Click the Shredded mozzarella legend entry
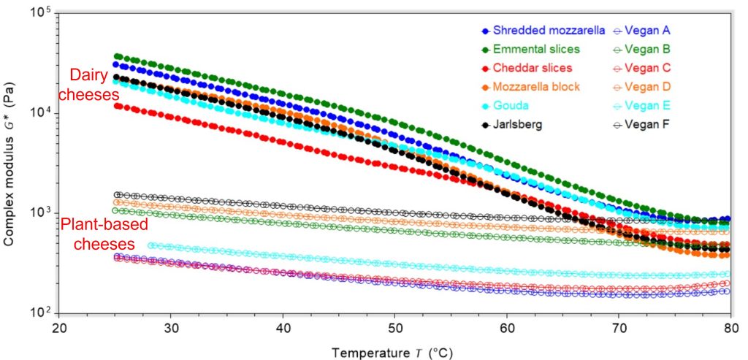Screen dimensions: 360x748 click(x=549, y=31)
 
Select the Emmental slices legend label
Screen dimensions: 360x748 click(x=536, y=50)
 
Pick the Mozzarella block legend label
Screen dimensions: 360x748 click(x=536, y=87)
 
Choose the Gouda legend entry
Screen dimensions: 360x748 click(x=510, y=106)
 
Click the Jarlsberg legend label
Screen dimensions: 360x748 click(x=518, y=124)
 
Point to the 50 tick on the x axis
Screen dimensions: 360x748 click(x=394, y=328)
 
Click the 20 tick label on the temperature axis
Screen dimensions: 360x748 click(x=59, y=328)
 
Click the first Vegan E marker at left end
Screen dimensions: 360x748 click(x=151, y=246)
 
